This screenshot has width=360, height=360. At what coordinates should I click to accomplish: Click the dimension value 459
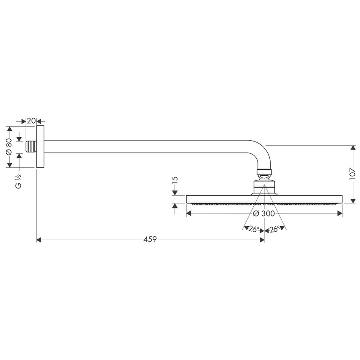(150, 240)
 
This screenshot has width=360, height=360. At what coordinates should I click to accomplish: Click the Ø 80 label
(8, 147)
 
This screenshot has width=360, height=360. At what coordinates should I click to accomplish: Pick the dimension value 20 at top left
(30, 121)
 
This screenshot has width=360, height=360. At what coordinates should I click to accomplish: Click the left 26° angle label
(254, 229)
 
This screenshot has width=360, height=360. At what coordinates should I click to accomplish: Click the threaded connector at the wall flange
(31, 147)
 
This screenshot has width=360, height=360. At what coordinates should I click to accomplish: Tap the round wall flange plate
(40, 147)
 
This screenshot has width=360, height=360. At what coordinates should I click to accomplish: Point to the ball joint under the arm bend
(264, 172)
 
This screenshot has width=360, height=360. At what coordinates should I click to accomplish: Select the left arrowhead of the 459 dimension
(39, 240)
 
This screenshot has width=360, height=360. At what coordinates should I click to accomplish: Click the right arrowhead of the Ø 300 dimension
(340, 213)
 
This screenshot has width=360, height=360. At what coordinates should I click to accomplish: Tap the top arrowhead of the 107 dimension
(353, 148)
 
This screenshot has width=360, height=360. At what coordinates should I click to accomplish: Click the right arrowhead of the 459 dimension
(262, 240)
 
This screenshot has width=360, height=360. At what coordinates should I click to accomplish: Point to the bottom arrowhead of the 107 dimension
(353, 200)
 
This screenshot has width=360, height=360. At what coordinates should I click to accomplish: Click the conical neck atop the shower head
(264, 186)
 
